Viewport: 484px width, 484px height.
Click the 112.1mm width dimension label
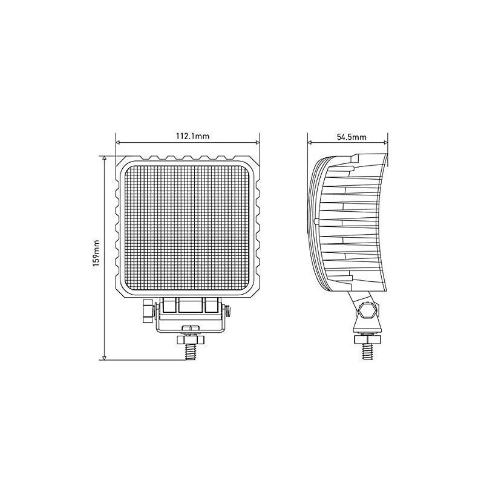click(192, 137)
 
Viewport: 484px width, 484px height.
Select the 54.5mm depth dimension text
click(352, 137)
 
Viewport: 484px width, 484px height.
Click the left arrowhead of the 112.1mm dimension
click(118, 143)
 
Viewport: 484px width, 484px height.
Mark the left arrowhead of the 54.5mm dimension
click(310, 143)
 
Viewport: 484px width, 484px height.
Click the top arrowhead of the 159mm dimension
click(105, 156)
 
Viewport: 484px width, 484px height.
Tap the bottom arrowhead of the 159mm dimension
click(105, 358)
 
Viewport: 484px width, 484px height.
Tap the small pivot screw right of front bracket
click(227, 310)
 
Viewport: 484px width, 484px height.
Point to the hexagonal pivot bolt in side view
click(367, 312)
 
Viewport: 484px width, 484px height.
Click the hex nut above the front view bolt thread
click(190, 340)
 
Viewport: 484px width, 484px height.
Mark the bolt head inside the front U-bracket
click(190, 328)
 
